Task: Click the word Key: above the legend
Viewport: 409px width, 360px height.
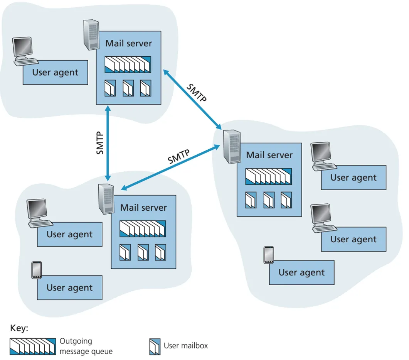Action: click(19, 328)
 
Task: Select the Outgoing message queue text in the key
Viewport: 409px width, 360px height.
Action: click(86, 346)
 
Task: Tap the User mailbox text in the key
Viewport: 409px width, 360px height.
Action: click(185, 346)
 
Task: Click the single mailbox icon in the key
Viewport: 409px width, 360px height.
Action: click(155, 346)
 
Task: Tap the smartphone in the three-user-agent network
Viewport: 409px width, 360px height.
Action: click(269, 255)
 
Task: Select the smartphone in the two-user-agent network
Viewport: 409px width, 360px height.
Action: click(36, 270)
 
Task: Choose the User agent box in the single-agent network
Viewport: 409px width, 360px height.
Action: click(56, 73)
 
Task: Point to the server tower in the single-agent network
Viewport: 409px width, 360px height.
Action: click(91, 35)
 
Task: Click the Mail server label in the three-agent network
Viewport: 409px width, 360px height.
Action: click(269, 155)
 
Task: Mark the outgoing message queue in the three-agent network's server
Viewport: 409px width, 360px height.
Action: click(268, 177)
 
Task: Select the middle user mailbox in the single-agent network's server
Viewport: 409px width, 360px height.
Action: click(128, 88)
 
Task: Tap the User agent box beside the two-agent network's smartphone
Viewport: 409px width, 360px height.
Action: click(70, 288)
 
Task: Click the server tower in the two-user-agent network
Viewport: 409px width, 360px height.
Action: click(105, 198)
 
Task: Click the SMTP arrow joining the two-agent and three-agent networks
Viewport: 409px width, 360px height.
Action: click(170, 167)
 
